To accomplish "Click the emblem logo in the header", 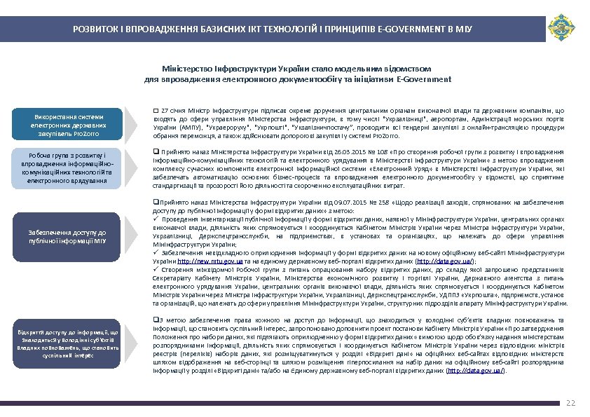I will click(561, 29).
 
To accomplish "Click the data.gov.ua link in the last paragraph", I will click(474, 371).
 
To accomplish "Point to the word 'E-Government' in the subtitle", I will click(424, 80).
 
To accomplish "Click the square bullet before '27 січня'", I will click(156, 111).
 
